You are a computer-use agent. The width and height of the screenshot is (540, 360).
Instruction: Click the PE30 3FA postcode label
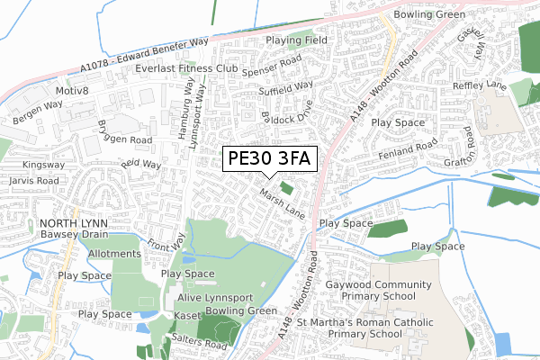[269, 159]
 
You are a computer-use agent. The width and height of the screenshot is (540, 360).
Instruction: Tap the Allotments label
[114, 255]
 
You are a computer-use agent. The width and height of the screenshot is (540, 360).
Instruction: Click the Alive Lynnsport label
[214, 298]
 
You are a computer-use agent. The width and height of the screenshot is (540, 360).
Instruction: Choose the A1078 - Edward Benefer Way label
[144, 53]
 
